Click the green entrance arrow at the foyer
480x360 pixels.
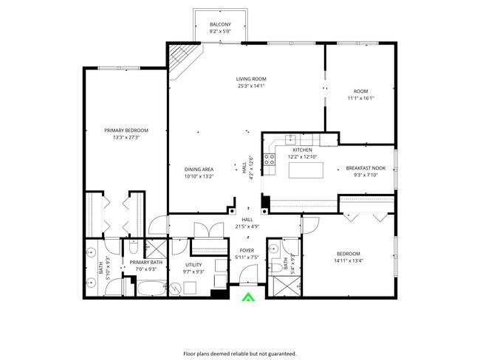click(x=249, y=297)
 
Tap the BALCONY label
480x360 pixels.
click(x=219, y=24)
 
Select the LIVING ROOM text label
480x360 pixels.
click(x=251, y=79)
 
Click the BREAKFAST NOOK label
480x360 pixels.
click(x=366, y=168)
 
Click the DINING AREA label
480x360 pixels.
click(x=199, y=169)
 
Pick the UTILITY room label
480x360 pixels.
click(x=193, y=264)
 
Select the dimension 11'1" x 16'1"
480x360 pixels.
click(x=361, y=98)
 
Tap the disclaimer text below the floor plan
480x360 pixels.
click(x=240, y=353)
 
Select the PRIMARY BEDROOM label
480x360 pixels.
click(x=120, y=130)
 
